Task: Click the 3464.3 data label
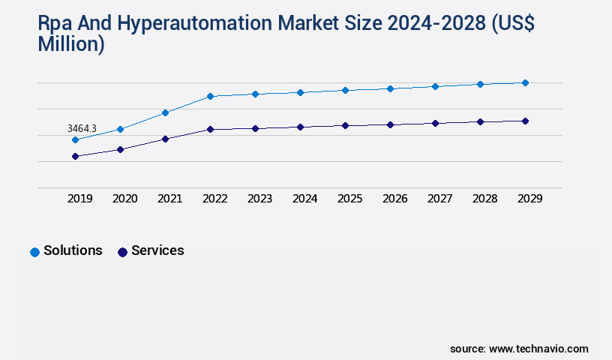tap(82, 129)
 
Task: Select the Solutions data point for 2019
tap(75, 139)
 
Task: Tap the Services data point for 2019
tap(75, 156)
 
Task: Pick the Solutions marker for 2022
tap(210, 96)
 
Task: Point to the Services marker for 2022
tap(210, 129)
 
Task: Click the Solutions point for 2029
tap(525, 82)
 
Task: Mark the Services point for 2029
tap(525, 121)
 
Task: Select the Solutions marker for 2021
tap(165, 112)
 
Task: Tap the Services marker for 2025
tap(345, 125)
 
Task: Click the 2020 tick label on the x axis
tap(124, 199)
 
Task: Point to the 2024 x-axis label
tap(304, 199)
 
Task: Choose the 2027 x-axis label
tap(439, 199)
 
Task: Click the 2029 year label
tap(529, 199)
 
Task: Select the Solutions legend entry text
tap(73, 250)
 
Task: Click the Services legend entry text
tap(157, 250)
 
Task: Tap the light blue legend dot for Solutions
tap(34, 252)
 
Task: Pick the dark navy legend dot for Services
tap(122, 252)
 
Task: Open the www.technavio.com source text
tap(538, 349)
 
